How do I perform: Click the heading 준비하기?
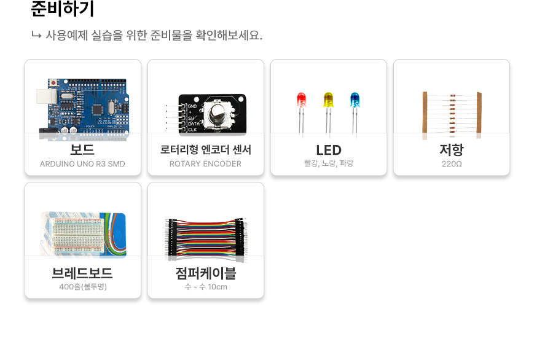(63, 9)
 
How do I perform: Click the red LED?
(302, 113)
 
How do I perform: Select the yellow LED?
(328, 114)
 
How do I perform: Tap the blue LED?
(355, 113)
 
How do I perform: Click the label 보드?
(82, 149)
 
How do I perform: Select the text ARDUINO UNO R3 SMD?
(82, 164)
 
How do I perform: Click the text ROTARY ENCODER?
(206, 164)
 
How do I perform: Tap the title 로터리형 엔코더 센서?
(206, 149)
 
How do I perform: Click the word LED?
(329, 151)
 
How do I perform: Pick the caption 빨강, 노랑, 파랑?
(329, 163)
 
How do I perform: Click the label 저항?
(452, 149)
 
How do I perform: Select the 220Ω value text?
(452, 164)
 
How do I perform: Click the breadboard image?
(83, 234)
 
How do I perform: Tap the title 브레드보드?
(82, 273)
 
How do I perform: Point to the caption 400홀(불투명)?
(83, 287)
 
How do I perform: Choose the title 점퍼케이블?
(206, 273)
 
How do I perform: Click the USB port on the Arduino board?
(46, 96)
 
